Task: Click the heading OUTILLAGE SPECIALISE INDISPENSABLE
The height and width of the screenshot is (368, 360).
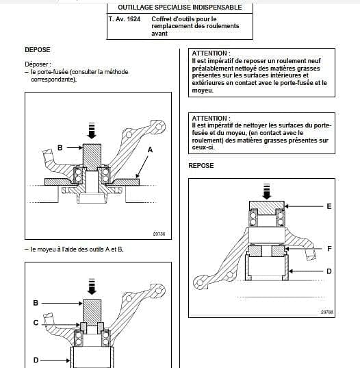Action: [x=180, y=8]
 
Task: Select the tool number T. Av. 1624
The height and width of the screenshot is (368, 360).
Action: [x=125, y=19]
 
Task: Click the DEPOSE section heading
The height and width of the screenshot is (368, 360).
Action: [x=38, y=50]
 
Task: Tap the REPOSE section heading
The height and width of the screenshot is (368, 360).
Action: [x=201, y=165]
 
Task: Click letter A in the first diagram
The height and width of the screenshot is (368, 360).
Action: [x=150, y=149]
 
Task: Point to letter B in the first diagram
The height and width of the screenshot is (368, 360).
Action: [x=60, y=147]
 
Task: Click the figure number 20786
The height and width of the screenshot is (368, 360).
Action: [x=159, y=234]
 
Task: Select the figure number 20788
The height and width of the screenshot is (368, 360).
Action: [x=327, y=312]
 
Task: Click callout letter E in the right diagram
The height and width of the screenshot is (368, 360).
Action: [x=329, y=206]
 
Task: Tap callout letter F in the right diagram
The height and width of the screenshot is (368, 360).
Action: [x=329, y=249]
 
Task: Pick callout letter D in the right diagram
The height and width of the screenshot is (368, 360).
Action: [x=329, y=271]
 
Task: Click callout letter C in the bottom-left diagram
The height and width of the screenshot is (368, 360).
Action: [x=36, y=323]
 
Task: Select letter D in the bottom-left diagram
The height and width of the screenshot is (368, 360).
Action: [x=36, y=360]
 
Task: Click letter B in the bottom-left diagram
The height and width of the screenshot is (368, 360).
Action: [x=36, y=303]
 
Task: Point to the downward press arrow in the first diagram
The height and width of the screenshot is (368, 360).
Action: [x=92, y=130]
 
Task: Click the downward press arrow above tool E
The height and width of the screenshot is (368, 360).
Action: [x=266, y=191]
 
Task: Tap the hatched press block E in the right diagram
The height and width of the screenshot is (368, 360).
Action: [x=267, y=208]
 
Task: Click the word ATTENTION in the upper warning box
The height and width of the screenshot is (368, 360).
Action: [x=209, y=53]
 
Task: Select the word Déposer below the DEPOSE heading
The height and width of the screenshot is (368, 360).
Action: [x=36, y=64]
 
